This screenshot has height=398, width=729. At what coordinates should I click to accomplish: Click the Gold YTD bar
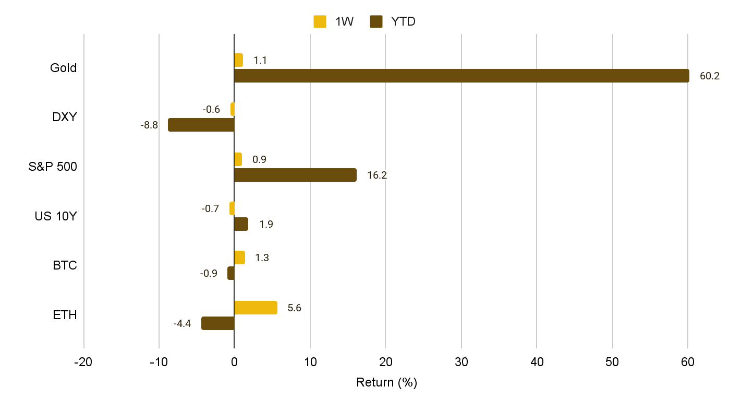click(x=461, y=76)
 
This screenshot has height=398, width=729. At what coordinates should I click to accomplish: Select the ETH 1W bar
click(x=256, y=308)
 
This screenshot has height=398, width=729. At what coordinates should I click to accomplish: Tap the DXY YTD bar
click(x=201, y=125)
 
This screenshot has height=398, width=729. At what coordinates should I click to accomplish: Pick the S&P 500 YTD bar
click(x=295, y=175)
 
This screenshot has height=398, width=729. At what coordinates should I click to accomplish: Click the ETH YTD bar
click(x=218, y=323)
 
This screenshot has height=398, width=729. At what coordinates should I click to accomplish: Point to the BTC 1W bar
click(x=239, y=257)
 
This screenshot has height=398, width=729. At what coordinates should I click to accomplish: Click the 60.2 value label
click(x=709, y=76)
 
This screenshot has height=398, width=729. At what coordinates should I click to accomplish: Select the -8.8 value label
click(x=149, y=125)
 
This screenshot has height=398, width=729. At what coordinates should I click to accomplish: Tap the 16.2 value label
click(x=377, y=175)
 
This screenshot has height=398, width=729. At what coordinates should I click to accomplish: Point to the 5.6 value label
click(x=295, y=308)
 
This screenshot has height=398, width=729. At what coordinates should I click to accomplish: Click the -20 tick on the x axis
click(x=83, y=362)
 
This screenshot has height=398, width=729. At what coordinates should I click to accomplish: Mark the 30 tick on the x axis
click(x=461, y=362)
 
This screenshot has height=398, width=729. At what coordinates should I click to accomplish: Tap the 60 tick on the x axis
click(x=688, y=362)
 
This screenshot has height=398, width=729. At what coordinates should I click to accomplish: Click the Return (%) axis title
click(x=386, y=382)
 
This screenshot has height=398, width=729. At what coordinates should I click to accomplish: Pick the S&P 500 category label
click(x=53, y=167)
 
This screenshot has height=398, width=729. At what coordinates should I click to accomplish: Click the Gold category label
click(x=63, y=68)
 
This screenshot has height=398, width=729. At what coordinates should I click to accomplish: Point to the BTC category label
click(x=65, y=265)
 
